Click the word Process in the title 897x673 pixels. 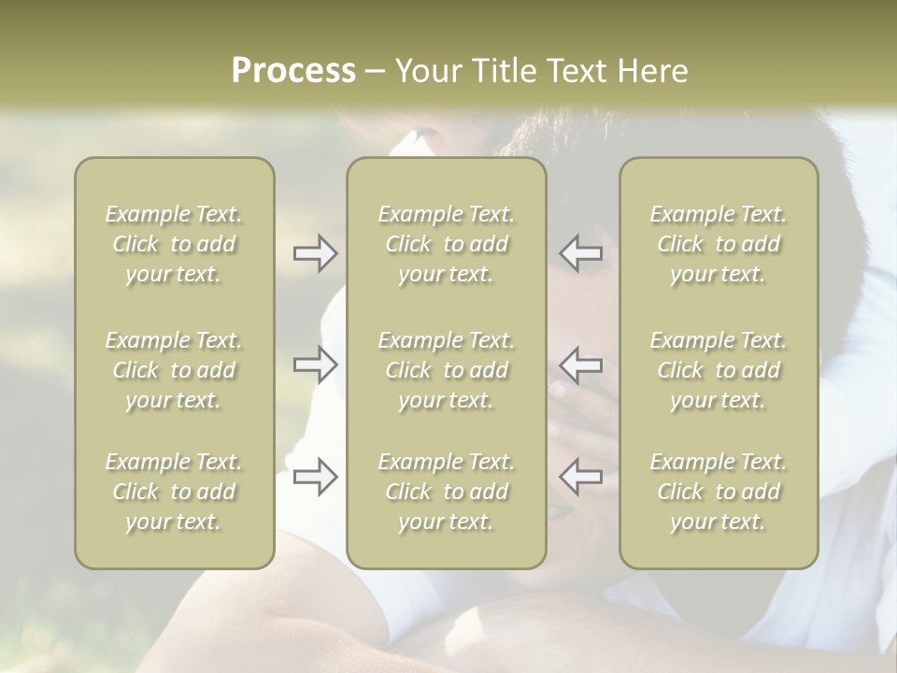click(x=293, y=71)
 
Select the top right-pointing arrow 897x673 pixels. click(x=316, y=253)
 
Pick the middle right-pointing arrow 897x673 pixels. click(x=316, y=365)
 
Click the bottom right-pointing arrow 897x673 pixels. click(x=316, y=477)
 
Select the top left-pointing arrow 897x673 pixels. click(x=581, y=253)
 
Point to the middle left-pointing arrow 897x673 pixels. click(x=581, y=365)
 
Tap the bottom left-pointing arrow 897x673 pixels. click(x=581, y=477)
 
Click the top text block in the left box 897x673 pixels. click(x=174, y=244)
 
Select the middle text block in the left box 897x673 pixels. click(x=174, y=370)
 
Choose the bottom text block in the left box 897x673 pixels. click(x=174, y=492)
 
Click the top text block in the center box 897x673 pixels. click(x=446, y=244)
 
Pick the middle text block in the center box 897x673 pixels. click(x=446, y=370)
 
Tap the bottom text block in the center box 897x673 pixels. click(x=446, y=492)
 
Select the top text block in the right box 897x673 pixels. click(x=719, y=244)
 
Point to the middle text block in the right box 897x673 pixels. click(x=719, y=370)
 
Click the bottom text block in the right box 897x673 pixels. click(x=719, y=492)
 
